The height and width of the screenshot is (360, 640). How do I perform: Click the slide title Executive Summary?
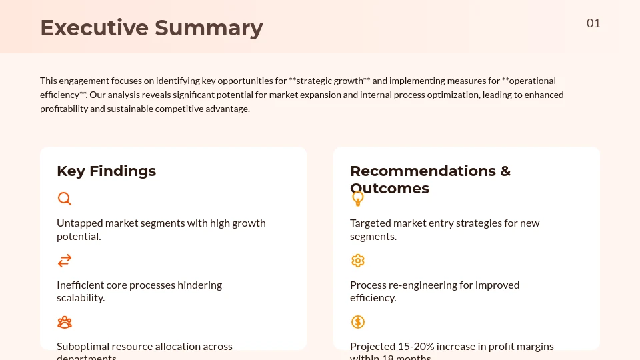(151, 28)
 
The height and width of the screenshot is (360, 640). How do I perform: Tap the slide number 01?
(593, 23)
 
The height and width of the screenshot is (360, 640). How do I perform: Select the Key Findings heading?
(106, 171)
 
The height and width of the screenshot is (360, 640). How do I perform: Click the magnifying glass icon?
(65, 199)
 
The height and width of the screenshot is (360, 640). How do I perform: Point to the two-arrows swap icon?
(65, 261)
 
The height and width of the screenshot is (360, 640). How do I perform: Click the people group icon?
(65, 323)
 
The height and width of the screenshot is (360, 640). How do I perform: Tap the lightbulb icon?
(358, 199)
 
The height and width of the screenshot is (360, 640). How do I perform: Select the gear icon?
(358, 261)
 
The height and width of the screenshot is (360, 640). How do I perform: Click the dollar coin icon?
(358, 323)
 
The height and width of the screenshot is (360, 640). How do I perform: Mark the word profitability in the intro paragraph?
(63, 109)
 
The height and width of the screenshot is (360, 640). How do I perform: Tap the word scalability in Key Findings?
(80, 298)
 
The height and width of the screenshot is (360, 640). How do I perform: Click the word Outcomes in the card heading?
(390, 189)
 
